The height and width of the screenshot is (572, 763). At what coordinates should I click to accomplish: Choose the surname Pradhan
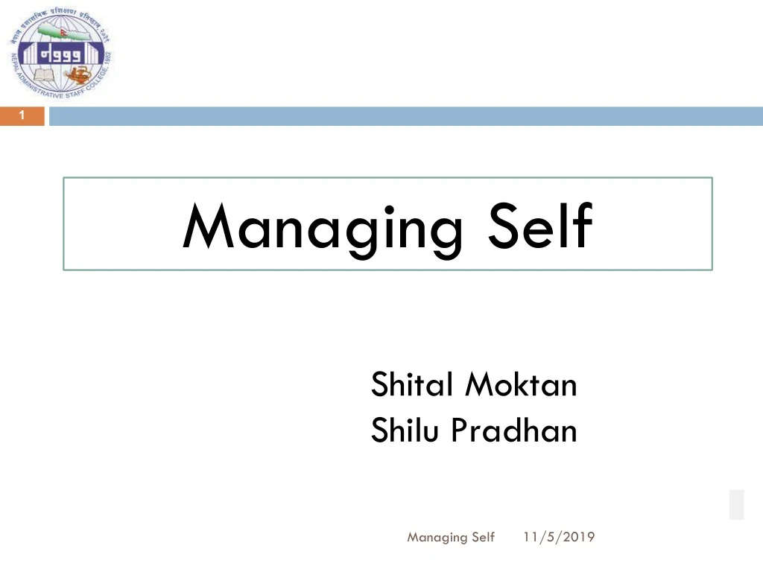click(513, 430)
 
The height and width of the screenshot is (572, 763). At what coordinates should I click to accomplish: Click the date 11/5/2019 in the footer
click(559, 537)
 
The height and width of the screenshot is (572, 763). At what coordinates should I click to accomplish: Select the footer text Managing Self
click(451, 537)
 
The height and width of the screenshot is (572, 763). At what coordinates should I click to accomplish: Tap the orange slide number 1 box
click(22, 115)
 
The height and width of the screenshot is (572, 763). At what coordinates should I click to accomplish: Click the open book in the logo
click(45, 73)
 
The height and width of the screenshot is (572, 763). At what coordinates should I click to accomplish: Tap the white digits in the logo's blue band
click(60, 54)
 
